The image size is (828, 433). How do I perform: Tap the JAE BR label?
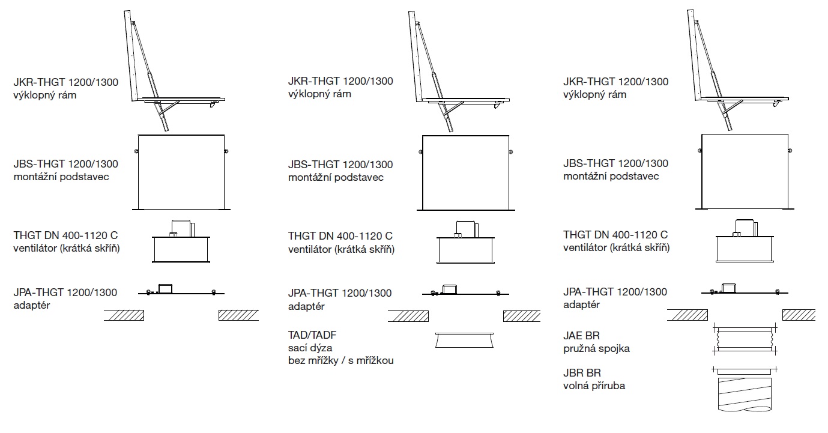[582, 335]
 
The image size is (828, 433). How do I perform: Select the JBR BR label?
[582, 373]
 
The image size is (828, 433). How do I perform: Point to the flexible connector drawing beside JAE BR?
[745, 338]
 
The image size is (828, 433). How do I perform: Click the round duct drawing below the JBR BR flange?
[745, 395]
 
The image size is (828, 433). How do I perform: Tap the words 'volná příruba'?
[594, 386]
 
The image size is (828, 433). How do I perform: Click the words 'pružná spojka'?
[596, 348]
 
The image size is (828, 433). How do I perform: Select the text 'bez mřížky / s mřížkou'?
[341, 361]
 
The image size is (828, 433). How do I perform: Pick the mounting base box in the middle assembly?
[465, 172]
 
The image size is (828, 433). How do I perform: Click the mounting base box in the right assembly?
[745, 171]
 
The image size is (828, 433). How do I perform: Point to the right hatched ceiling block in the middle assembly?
[521, 315]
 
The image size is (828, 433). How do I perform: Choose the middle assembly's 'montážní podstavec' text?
[336, 177]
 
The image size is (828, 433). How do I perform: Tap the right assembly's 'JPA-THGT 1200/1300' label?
[615, 292]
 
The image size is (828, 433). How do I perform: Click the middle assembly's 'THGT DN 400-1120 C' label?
[340, 236]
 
